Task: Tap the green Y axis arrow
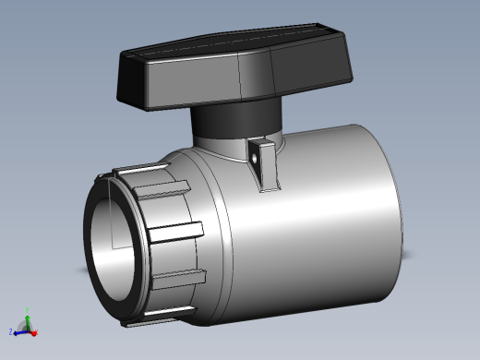(27, 319)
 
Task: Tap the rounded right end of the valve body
(392, 212)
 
